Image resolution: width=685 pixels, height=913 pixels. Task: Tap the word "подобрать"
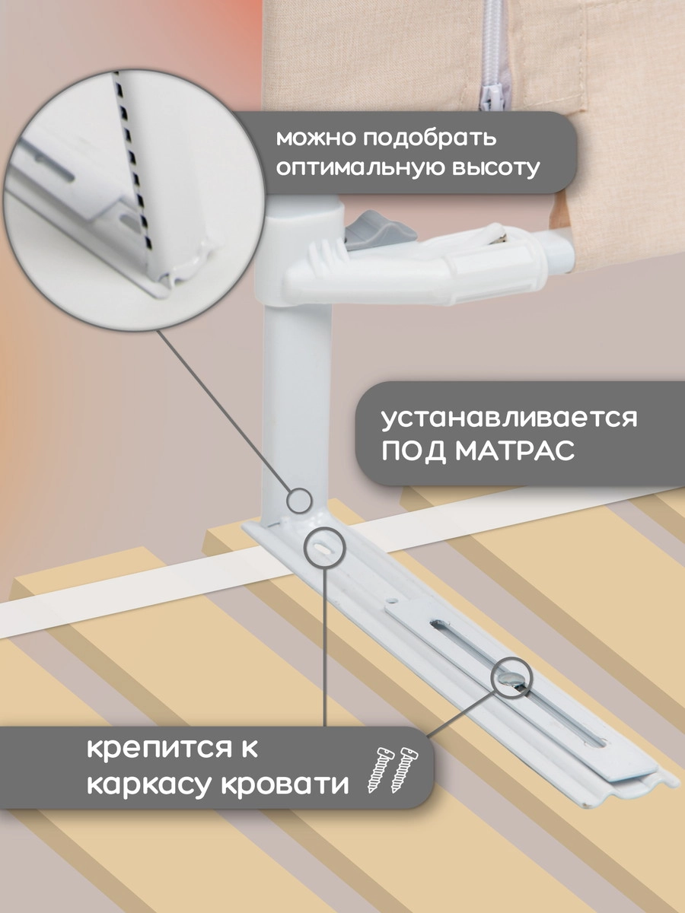(430, 139)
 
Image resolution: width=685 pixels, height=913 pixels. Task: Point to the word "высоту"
(498, 167)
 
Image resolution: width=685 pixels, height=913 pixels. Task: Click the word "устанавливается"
(509, 419)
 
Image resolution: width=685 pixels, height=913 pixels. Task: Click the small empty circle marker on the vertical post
(298, 501)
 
